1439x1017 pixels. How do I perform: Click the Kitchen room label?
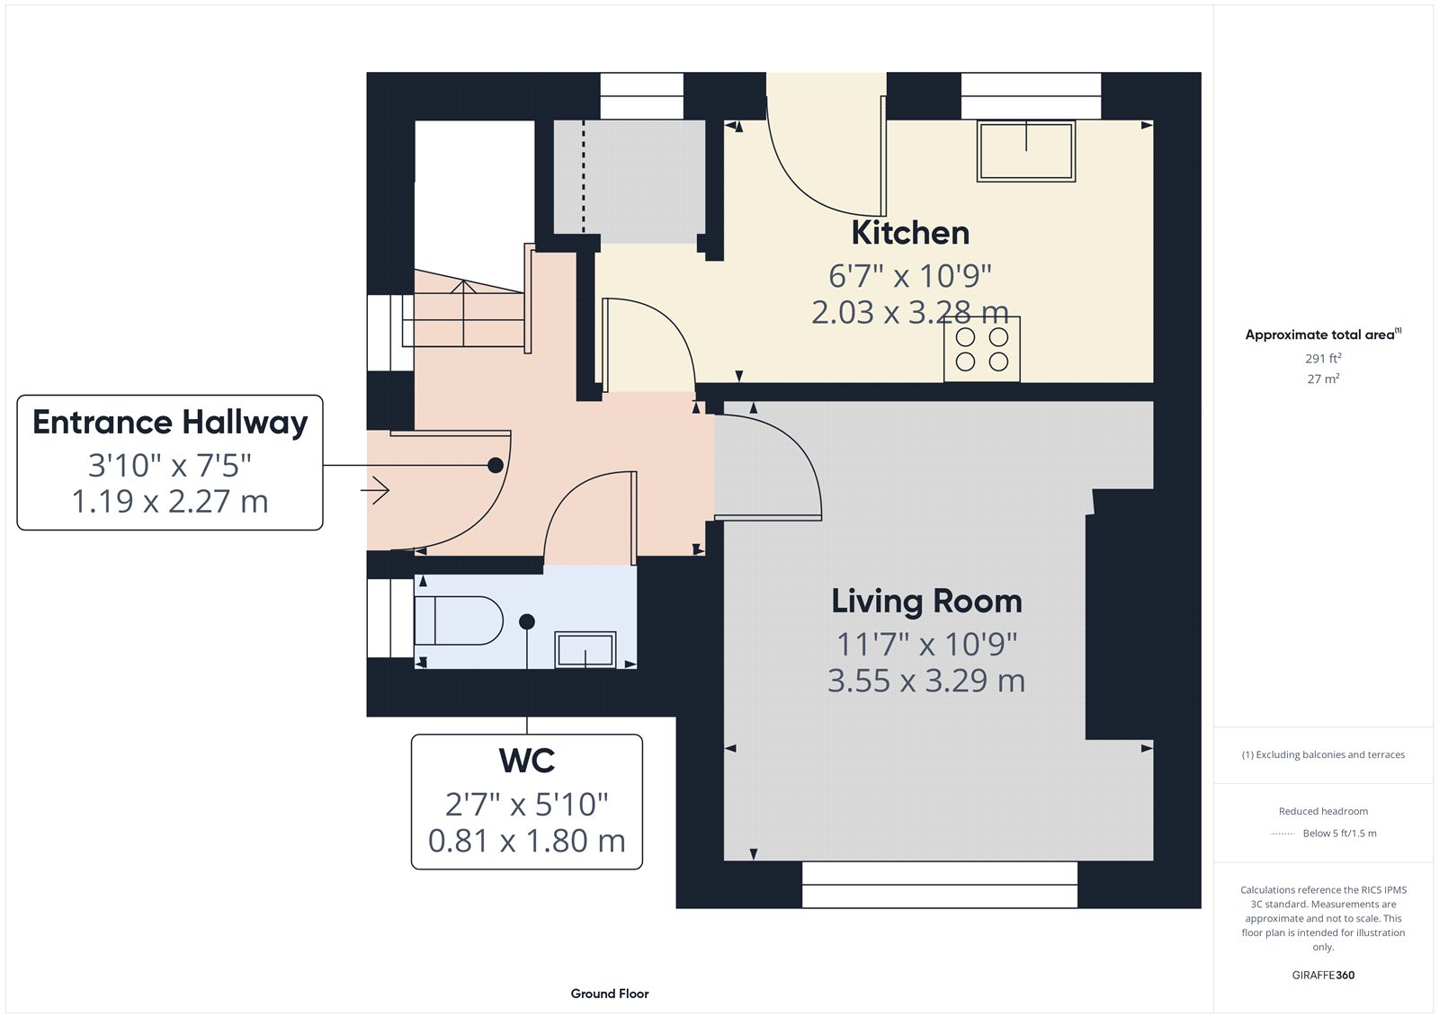tap(909, 233)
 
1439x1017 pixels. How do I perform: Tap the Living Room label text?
tap(926, 602)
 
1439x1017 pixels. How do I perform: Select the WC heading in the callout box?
tap(527, 761)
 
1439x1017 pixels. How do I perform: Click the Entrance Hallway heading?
tap(170, 423)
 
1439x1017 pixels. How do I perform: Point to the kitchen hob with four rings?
tap(981, 349)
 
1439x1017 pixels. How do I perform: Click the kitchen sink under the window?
tap(1026, 151)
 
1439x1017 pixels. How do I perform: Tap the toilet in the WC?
tap(458, 620)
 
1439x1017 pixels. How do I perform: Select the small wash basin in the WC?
tap(585, 649)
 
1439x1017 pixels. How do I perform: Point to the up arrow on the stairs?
tap(463, 313)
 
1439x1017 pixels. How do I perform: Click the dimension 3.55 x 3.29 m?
tap(926, 681)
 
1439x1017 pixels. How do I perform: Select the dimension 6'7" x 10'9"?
tap(909, 276)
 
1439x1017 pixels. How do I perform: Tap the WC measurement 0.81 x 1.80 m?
tap(527, 841)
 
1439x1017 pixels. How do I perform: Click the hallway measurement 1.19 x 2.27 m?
tap(170, 502)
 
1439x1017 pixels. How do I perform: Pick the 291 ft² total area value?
tap(1323, 358)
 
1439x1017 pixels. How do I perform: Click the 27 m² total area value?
tap(1323, 379)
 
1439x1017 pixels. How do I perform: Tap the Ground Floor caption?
tap(610, 994)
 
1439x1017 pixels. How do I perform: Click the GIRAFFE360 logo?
tap(1323, 975)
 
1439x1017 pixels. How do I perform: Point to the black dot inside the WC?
tap(527, 621)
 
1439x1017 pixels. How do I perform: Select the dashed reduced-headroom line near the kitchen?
tap(584, 175)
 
